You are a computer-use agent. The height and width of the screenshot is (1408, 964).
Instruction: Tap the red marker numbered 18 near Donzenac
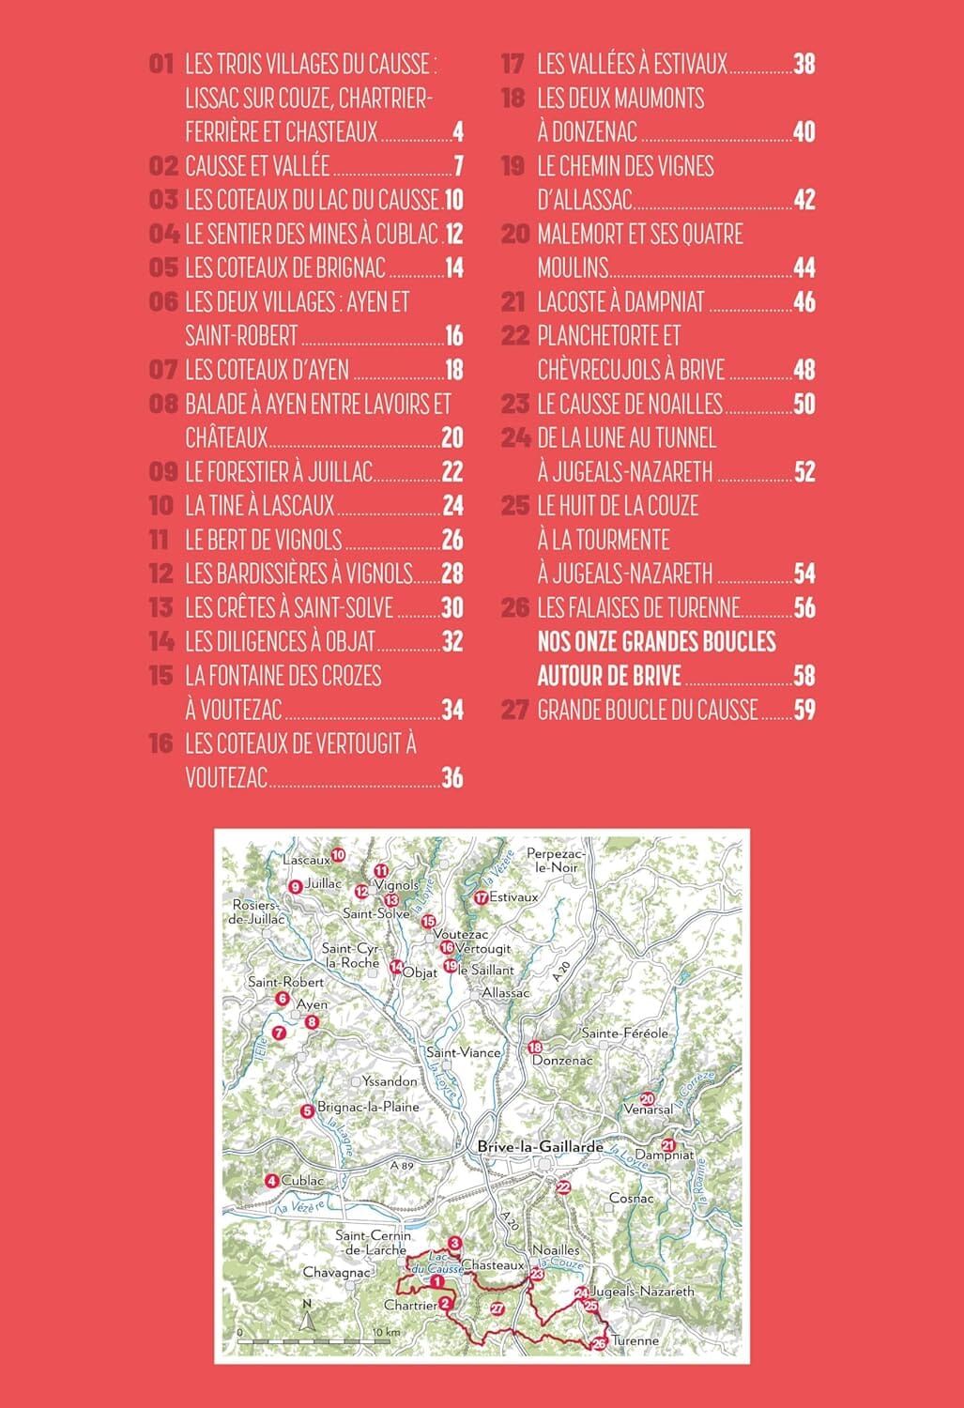click(x=535, y=1048)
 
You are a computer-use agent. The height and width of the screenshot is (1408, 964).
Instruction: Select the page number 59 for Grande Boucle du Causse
click(x=804, y=710)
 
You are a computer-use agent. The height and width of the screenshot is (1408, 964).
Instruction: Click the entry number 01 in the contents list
click(x=162, y=64)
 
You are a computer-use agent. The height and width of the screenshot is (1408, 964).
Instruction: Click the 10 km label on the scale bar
click(x=386, y=1332)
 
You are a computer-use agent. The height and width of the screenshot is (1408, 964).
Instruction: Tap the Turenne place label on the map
click(x=635, y=1340)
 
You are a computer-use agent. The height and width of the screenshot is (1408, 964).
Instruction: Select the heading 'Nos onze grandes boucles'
click(x=656, y=641)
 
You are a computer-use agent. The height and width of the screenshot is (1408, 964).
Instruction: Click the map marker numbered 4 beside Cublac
click(x=271, y=1181)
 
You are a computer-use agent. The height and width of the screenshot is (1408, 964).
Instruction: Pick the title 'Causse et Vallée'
click(x=257, y=166)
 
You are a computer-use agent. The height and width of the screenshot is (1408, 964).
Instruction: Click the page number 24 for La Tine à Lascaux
click(x=452, y=506)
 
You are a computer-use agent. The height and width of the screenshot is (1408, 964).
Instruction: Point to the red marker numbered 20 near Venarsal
click(x=647, y=1099)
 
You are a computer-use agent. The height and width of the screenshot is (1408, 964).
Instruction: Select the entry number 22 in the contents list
click(x=515, y=336)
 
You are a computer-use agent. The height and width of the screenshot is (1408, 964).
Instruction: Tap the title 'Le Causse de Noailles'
click(x=630, y=404)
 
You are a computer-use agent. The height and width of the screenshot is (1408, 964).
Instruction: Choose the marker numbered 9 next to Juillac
click(x=295, y=885)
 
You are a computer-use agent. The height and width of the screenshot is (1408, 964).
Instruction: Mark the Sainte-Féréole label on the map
click(x=624, y=1033)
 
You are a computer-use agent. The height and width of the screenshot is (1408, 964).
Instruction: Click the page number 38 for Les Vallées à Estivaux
click(x=804, y=64)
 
